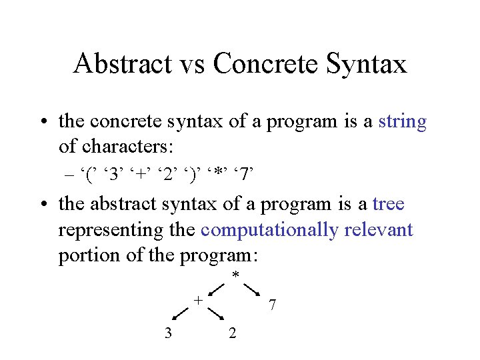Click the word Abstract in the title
tap(120, 64)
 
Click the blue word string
tap(402, 122)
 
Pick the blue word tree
tap(389, 205)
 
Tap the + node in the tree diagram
tap(197, 300)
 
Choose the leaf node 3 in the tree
tap(168, 333)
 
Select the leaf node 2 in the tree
tap(231, 333)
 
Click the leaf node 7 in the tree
tap(271, 306)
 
